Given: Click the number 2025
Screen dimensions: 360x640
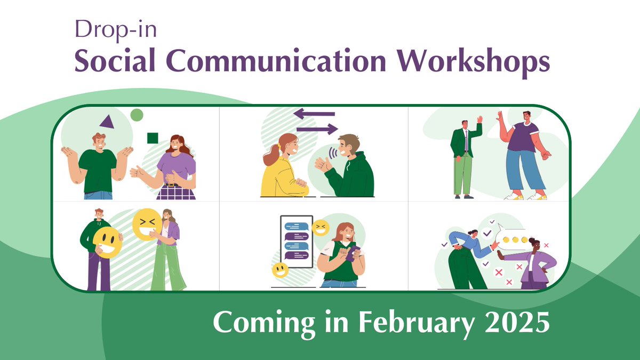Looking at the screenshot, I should click(x=519, y=323).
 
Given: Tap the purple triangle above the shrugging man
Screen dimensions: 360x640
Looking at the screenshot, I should click(x=108, y=122).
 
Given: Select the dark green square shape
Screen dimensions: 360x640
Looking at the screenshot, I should click(x=153, y=139).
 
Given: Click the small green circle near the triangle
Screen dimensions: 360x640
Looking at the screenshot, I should click(x=137, y=115).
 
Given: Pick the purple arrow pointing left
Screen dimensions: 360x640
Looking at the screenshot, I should click(x=314, y=114).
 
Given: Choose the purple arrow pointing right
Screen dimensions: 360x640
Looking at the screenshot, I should click(x=317, y=129).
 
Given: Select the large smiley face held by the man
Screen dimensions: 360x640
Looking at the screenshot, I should click(x=107, y=243).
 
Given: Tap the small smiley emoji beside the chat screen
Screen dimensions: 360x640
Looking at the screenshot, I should click(x=280, y=269).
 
